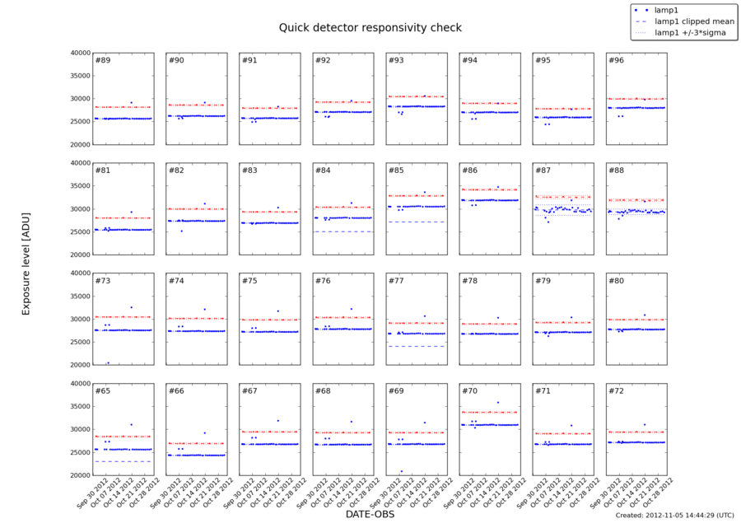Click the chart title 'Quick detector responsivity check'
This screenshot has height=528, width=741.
(x=370, y=27)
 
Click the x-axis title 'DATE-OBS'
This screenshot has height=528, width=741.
(x=370, y=514)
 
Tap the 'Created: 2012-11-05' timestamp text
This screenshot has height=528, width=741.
(x=674, y=515)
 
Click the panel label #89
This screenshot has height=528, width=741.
(x=103, y=61)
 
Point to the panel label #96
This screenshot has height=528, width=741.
(x=616, y=61)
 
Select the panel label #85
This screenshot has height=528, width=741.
(x=396, y=171)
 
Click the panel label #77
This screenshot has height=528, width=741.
(x=396, y=281)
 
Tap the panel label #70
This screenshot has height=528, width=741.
(x=469, y=390)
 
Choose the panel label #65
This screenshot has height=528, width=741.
(x=103, y=390)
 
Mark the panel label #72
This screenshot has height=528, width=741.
(x=616, y=390)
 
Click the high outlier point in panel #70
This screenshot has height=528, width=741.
(x=497, y=402)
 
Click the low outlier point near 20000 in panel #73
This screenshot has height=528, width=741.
(x=108, y=362)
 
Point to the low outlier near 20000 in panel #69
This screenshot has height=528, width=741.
(x=401, y=471)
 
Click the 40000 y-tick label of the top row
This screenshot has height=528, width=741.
(x=78, y=53)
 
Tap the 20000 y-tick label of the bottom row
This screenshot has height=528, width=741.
(x=78, y=475)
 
